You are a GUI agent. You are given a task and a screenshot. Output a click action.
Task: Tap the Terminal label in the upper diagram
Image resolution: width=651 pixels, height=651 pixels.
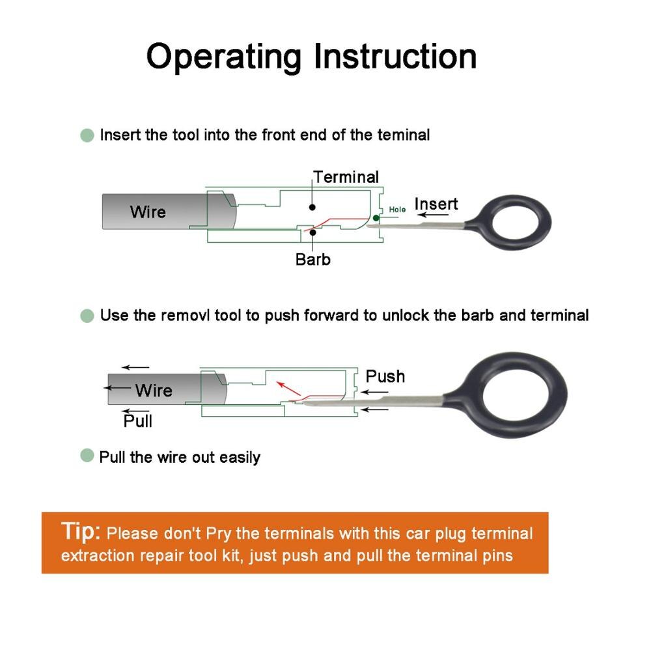346,177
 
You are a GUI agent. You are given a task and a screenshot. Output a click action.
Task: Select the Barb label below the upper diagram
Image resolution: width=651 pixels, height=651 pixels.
313,260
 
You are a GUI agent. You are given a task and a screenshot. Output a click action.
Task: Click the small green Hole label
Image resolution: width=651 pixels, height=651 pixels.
397,210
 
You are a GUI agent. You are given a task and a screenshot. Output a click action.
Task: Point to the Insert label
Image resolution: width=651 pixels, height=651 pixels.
436,204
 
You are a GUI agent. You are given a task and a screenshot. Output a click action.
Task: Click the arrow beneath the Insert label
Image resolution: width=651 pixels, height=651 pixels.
431,215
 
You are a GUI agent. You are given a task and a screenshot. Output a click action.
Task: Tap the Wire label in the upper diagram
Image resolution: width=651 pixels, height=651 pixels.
148,212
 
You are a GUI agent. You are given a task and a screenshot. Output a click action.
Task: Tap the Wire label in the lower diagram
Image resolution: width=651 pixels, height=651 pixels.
154,391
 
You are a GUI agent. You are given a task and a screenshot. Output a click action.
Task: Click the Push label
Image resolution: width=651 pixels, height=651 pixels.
385,376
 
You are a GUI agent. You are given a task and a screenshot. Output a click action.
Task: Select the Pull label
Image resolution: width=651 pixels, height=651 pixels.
138,422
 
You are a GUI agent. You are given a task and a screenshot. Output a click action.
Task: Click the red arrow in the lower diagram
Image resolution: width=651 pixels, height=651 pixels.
288,389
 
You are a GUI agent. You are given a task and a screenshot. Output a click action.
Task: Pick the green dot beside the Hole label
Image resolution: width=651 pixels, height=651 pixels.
376,218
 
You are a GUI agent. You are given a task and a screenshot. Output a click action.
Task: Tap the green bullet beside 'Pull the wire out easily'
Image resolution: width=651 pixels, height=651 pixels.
87,456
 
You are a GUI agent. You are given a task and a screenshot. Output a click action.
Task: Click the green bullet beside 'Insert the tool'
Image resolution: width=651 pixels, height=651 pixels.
87,135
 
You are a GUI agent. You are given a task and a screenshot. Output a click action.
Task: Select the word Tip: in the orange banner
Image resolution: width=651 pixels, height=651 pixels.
81,531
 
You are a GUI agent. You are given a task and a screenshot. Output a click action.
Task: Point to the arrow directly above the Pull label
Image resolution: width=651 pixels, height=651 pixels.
136,411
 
